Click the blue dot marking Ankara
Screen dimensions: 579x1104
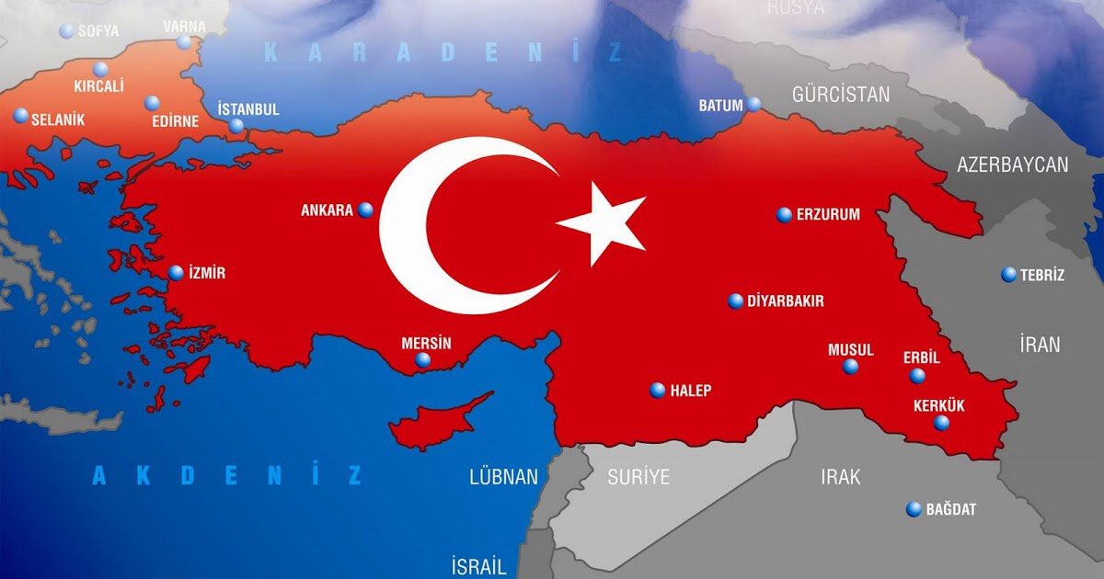point(366,210)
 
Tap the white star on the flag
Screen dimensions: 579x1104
point(604,224)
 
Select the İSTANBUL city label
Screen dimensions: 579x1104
point(248,109)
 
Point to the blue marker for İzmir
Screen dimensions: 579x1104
point(176,273)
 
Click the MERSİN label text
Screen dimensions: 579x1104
point(427,343)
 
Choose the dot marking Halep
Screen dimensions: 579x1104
point(657,391)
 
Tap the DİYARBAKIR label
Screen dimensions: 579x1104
point(786,301)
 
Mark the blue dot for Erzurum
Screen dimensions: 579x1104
point(784,215)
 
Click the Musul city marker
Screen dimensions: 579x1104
point(851,367)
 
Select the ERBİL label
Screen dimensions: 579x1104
point(922,358)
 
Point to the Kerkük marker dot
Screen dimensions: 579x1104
point(941,423)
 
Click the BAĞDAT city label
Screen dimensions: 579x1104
point(951,509)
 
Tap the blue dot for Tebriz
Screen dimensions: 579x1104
point(1009,275)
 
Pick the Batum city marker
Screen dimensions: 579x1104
point(754,104)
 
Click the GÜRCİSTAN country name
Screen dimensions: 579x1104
point(841,94)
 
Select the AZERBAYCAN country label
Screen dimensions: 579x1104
point(1012,165)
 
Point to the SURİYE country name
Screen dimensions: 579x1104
point(638,477)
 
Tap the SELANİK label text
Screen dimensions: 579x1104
point(58,119)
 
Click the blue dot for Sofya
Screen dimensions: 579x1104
point(66,31)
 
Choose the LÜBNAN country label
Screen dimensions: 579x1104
point(503,477)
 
